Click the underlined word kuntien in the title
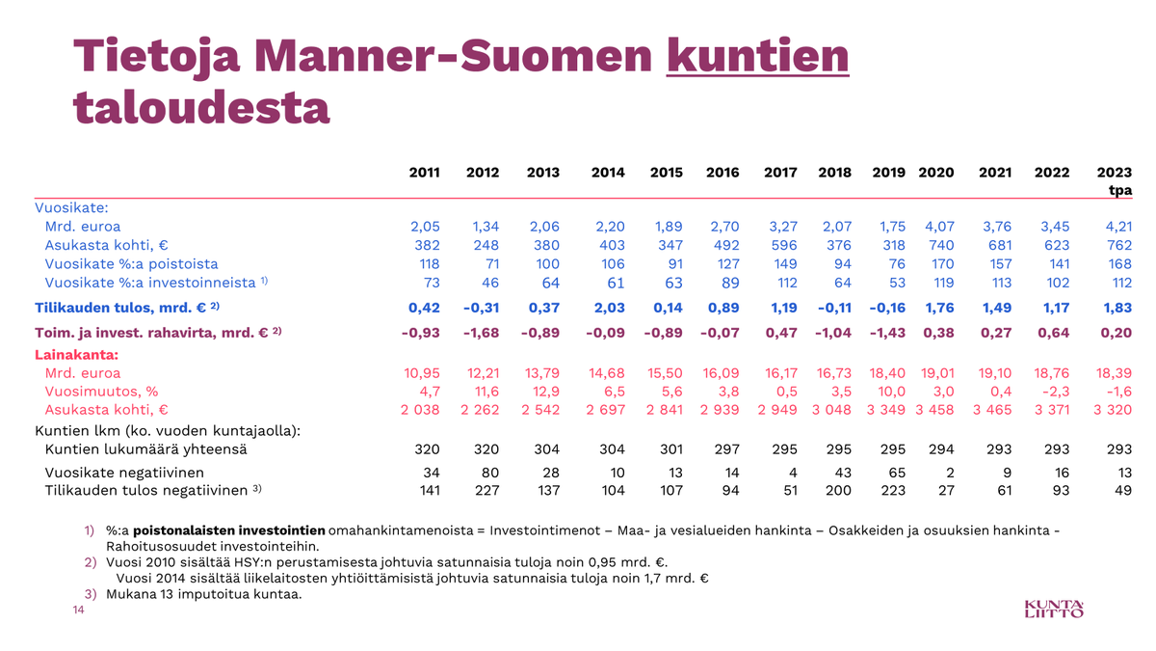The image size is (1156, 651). pos(758,58)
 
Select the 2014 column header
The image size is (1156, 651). pos(609,173)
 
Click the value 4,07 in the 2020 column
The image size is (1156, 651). pos(938,227)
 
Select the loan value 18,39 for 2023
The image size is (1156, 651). pos(1113,372)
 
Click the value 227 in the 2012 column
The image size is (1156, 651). pos(486,490)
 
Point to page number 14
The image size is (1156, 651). pos(79,610)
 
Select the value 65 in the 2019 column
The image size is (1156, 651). pos(896,472)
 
